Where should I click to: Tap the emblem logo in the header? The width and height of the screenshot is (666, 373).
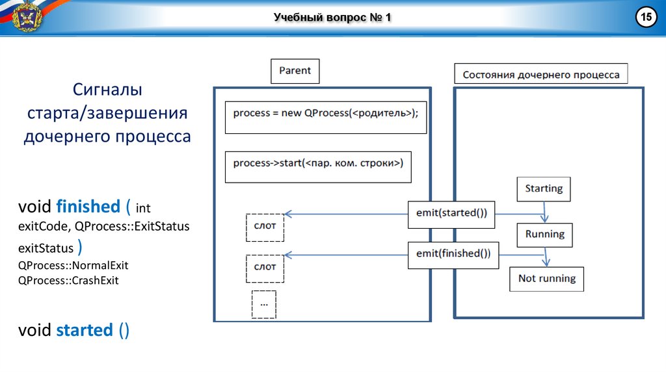26,17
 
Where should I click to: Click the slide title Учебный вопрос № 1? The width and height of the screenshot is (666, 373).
332,18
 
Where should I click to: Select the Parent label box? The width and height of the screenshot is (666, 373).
295,71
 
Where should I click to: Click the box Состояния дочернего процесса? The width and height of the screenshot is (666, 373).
541,75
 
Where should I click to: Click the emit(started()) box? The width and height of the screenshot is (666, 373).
451,214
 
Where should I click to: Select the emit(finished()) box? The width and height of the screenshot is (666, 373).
453,254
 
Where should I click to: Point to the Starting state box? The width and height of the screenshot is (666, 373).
544,189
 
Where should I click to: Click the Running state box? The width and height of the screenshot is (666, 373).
545,235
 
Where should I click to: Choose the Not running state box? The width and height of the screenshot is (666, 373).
547,279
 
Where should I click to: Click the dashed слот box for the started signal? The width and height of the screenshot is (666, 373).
265,226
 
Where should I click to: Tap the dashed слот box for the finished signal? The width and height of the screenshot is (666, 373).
265,267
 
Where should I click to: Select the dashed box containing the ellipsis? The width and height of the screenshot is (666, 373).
263,304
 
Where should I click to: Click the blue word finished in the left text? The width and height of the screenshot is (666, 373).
88,207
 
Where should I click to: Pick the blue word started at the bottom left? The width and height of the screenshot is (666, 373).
85,330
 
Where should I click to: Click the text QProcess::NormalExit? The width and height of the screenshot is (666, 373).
73,265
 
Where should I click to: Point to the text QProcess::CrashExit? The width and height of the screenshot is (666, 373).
68,281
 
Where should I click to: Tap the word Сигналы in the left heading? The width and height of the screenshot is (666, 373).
107,89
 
